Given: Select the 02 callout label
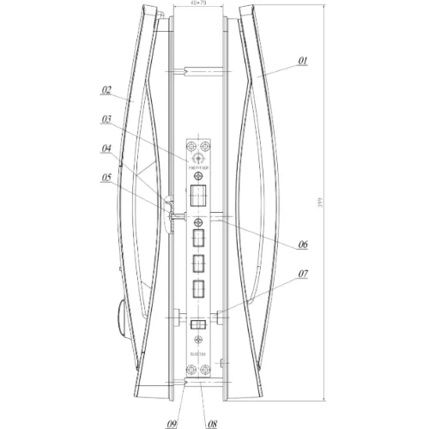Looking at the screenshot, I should click(106, 89).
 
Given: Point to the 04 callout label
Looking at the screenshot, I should click(106, 148).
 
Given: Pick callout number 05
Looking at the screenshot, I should click(106, 178).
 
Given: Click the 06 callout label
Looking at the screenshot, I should click(303, 245).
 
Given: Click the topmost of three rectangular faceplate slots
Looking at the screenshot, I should click(198, 238).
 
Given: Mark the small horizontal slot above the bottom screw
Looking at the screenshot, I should click(198, 324).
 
